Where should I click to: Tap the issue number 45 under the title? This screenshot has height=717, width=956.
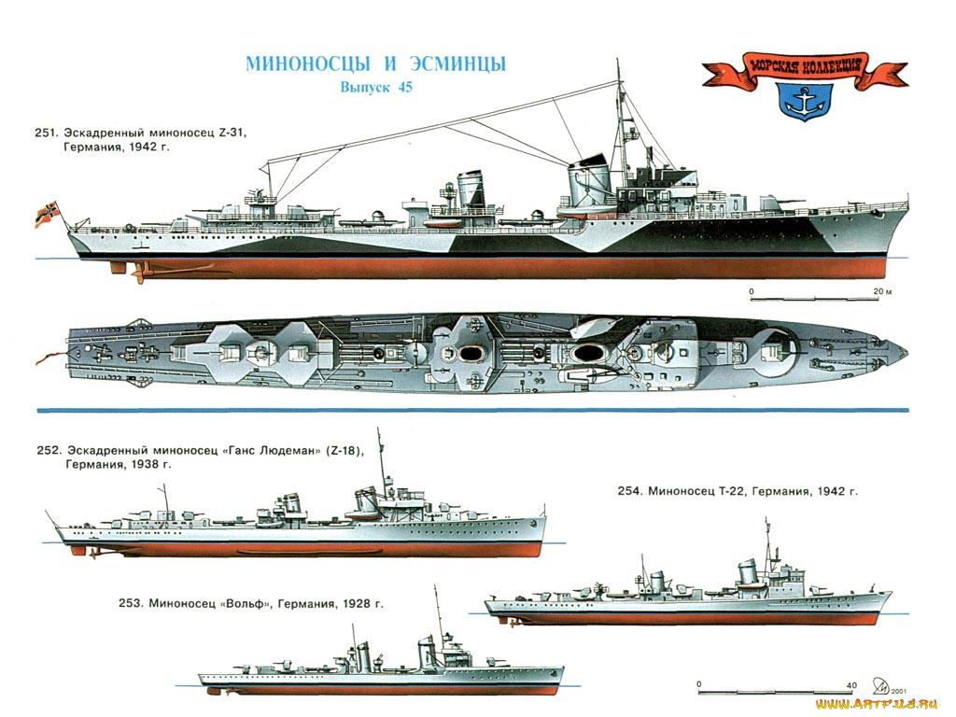tap(402, 88)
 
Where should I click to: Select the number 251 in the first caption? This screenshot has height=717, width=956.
tap(48, 134)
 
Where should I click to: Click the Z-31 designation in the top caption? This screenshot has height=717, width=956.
tap(231, 134)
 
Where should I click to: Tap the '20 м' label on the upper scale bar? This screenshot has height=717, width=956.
tap(882, 292)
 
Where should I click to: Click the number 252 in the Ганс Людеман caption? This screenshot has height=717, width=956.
tap(48, 448)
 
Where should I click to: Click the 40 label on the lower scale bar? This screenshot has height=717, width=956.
tap(851, 685)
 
